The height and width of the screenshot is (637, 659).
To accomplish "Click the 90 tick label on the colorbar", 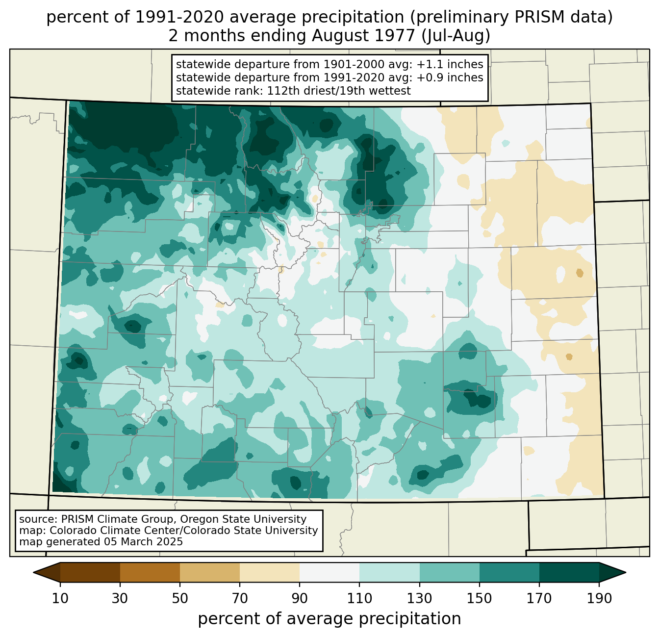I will pos(300,599).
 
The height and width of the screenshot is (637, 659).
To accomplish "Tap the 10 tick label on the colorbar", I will pos(60,599).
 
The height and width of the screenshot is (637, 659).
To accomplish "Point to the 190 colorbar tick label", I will pos(599,599).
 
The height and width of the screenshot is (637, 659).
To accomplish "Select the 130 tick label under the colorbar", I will pos(420,599).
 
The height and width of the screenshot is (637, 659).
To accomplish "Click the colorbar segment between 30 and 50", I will pos(150,572).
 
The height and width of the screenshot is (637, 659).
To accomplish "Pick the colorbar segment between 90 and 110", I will pos(329,572).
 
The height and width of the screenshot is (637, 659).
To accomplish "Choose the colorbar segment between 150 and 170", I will pos(509,572).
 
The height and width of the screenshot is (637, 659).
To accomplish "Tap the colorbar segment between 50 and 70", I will pos(210,572).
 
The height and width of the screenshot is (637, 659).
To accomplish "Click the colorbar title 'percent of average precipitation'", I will pos(329,619).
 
